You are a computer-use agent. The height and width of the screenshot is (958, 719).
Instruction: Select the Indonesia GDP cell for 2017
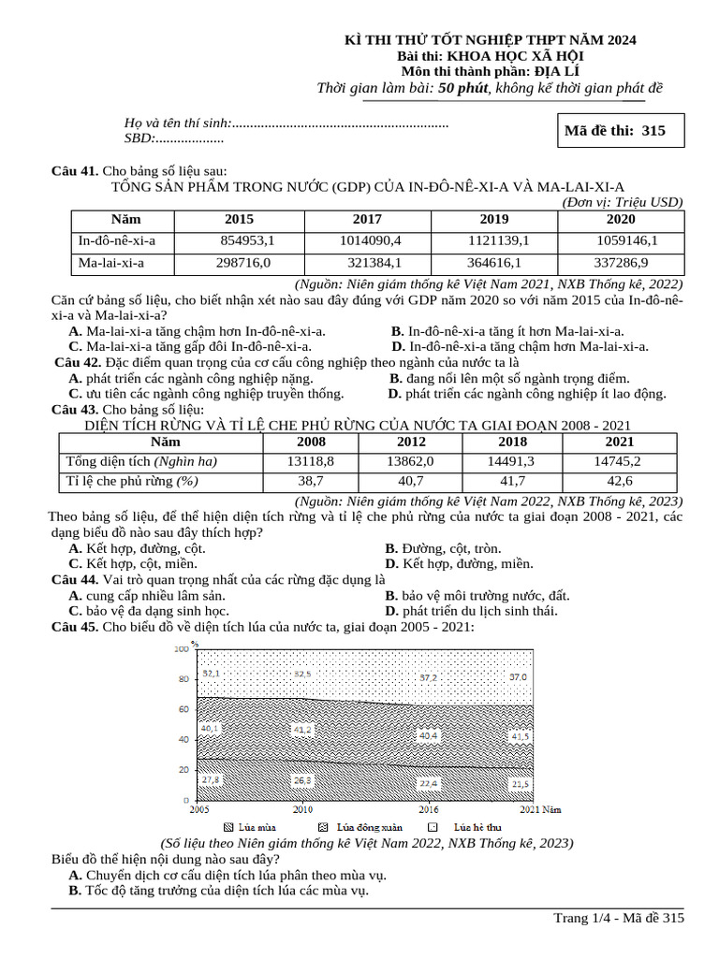pos(367,240)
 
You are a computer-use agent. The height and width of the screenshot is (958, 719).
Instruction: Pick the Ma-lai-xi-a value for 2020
pos(621,263)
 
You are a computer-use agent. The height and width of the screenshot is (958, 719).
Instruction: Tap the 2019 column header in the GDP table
pos(494,219)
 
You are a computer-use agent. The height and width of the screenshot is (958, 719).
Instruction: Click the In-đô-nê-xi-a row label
pos(117,240)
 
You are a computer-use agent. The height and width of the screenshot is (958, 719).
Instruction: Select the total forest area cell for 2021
pos(619,460)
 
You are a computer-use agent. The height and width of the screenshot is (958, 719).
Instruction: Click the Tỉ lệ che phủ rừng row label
pos(131,481)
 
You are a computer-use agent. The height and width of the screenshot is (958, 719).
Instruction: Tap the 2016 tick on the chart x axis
pos(428,809)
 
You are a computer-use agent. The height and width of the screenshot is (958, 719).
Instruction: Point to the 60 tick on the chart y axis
pos(181,709)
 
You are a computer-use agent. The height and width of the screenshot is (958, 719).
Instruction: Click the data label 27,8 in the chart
pos(211,779)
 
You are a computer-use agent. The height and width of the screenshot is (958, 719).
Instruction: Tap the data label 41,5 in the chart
pos(520,736)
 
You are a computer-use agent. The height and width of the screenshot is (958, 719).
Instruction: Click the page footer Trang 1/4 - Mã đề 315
pos(619,918)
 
